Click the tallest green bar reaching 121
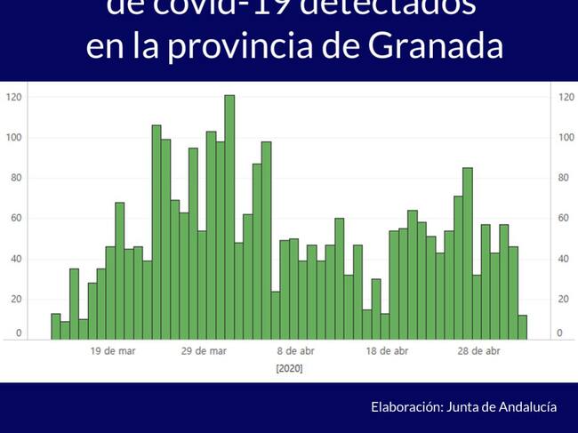[x=229, y=217]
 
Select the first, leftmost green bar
[x=56, y=326]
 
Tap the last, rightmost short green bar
[x=522, y=326]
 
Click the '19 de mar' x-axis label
[x=114, y=351]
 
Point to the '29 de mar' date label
[x=205, y=351]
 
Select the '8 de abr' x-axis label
[x=296, y=351]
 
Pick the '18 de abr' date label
[x=388, y=351]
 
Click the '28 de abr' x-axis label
[x=480, y=351]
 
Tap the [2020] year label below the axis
[x=289, y=368]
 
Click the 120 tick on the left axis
[x=13, y=97]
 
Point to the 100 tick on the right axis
[x=566, y=138]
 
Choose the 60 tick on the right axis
[x=563, y=219]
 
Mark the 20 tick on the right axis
[x=563, y=300]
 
